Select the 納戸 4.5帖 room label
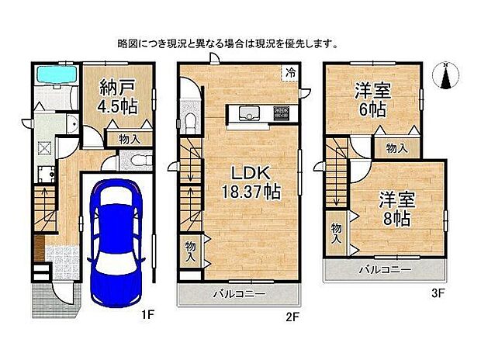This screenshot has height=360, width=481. coord(118,97)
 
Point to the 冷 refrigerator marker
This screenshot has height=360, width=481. coord(289,72)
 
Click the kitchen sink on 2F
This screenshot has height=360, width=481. coord(249,113)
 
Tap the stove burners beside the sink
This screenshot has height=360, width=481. coord(280,114)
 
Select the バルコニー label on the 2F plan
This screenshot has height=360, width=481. coord(240,295)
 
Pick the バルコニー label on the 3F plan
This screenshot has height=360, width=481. coord(385,270)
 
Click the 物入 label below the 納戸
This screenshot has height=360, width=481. coord(129,140)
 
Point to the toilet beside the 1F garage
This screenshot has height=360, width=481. coord(137,160)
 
